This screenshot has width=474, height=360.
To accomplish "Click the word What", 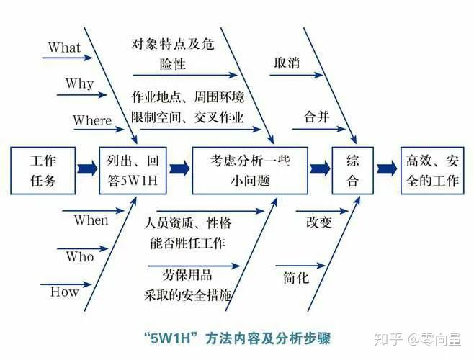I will pos(64,48).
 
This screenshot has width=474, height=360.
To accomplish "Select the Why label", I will pos(79,84).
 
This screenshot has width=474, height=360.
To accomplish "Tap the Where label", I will pos(92,120).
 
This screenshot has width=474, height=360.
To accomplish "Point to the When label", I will pos(91,220).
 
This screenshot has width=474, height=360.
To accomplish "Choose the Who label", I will pos(79,256).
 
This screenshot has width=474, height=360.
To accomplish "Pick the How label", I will pos(64,292).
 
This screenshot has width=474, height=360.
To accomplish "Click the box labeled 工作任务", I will pos(43,170).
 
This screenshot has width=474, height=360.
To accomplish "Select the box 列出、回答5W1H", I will pos(133,170).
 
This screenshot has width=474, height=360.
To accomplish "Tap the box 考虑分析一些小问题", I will pos(249,170).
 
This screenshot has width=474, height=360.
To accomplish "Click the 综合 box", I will pos(352,170).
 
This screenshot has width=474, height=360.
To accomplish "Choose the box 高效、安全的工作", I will pos(431,170).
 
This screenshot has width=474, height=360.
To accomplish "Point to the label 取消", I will pos(287,63).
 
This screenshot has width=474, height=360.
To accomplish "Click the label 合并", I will pos(317,117).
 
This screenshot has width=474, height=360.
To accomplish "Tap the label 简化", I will pos(295,276).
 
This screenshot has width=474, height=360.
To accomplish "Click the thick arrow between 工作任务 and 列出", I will pos(87,169).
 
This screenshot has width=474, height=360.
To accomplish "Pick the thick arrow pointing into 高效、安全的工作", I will pos(387,169).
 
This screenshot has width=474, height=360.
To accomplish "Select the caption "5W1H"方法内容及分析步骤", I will pos(237,337).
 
